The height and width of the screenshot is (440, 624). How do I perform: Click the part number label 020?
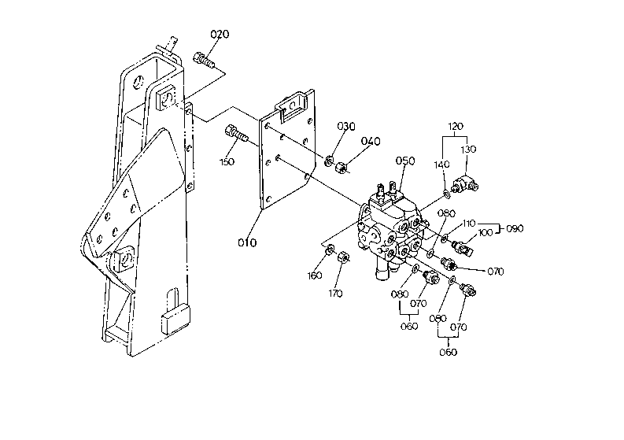(220, 35)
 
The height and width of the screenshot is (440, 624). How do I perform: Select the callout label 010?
(247, 242)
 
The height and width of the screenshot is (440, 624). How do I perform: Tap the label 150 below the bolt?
(227, 161)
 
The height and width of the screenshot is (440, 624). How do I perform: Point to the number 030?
(346, 126)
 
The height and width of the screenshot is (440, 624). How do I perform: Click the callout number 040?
(371, 142)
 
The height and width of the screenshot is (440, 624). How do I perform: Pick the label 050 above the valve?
(405, 161)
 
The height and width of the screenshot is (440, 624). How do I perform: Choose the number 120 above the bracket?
(456, 126)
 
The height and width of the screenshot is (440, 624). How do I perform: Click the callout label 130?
(468, 150)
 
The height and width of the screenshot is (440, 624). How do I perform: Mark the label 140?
(442, 165)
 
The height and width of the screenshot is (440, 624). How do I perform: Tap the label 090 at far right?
(515, 228)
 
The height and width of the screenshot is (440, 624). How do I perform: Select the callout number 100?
(485, 232)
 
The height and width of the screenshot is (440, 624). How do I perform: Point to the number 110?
(469, 224)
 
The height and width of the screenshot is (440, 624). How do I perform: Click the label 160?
(315, 275)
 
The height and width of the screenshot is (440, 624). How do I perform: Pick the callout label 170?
(335, 294)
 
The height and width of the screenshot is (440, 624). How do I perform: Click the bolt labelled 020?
(204, 60)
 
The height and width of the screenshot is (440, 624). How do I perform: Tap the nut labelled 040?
(341, 167)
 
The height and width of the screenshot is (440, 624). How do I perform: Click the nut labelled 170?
(343, 257)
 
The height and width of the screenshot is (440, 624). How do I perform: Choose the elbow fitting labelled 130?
(465, 183)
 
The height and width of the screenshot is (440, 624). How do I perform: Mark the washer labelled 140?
(447, 194)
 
